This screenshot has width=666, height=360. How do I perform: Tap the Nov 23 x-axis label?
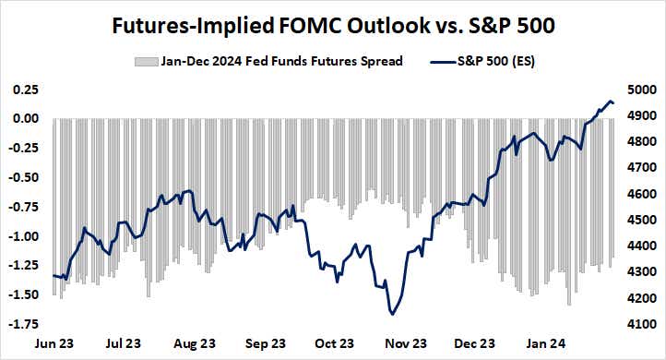(404, 343)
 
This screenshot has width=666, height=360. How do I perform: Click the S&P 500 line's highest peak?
(610, 101)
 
